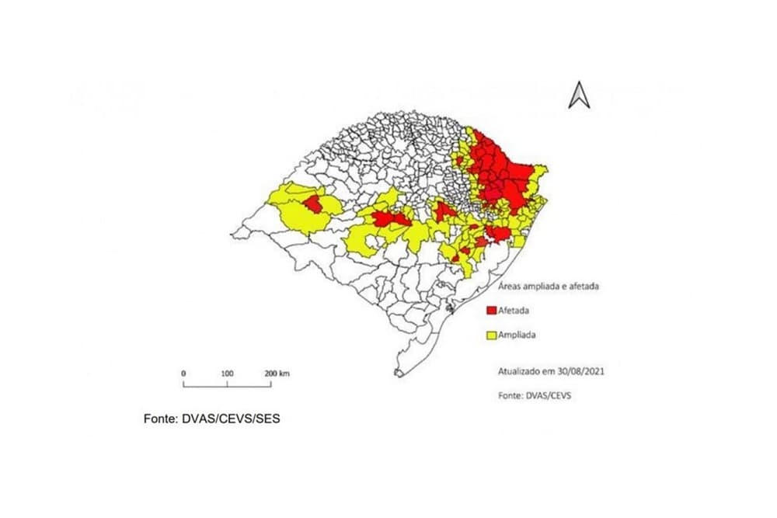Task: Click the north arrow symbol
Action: tap(579, 96)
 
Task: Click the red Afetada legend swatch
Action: tap(491, 311)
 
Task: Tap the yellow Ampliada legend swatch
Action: tap(491, 335)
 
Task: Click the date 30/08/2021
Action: tap(581, 371)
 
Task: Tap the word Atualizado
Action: tap(520, 371)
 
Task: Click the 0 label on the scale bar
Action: tap(184, 374)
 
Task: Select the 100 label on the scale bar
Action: tap(227, 374)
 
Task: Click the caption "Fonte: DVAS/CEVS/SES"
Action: tap(211, 419)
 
